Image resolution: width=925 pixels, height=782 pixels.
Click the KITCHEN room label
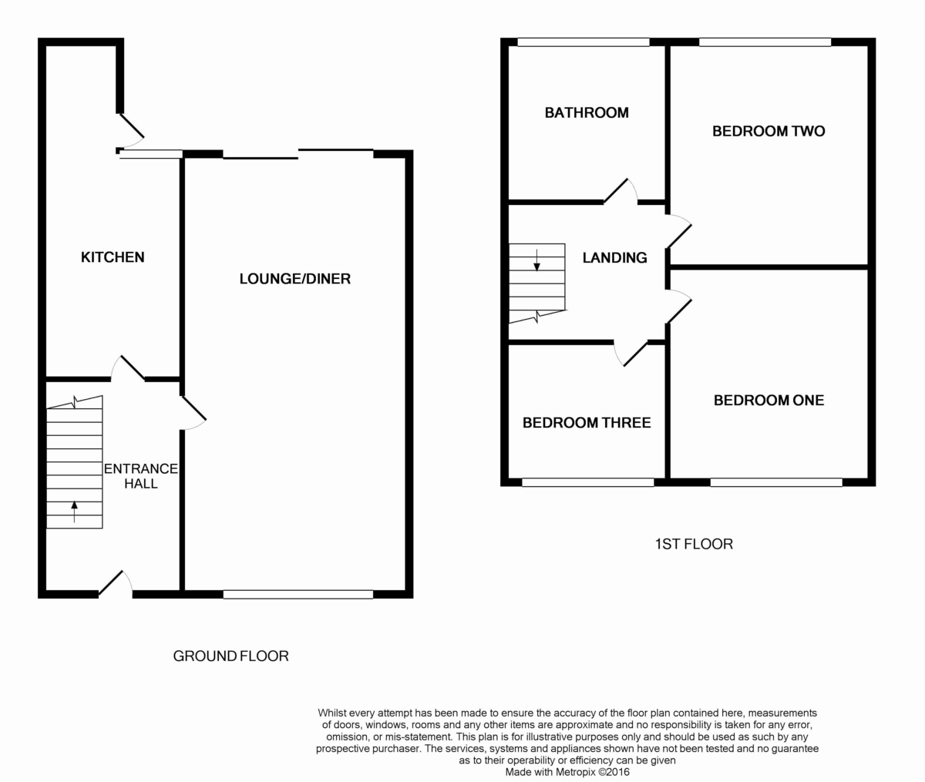tap(113, 257)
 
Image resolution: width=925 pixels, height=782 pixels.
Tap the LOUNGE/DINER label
tap(295, 279)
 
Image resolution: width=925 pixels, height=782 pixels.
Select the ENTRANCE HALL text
tap(141, 476)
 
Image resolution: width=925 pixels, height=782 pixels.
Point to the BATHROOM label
tap(587, 112)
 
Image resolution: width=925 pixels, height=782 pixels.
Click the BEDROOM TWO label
tap(769, 131)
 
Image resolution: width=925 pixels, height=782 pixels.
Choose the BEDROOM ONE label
tap(769, 400)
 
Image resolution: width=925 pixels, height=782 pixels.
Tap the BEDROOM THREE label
tap(587, 423)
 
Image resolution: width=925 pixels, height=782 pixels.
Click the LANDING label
tap(615, 257)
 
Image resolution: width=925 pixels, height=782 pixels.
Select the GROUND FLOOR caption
tap(231, 656)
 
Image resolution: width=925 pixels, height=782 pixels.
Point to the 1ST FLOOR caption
tap(694, 544)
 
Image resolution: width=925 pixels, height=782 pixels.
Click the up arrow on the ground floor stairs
tap(74, 512)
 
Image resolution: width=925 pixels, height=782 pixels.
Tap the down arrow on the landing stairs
tap(536, 260)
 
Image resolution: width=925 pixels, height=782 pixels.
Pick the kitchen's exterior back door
tap(131, 131)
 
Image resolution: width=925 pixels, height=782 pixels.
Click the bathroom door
tap(621, 192)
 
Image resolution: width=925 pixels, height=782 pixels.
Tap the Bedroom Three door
tap(631, 354)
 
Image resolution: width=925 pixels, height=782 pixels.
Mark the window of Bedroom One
tap(776, 482)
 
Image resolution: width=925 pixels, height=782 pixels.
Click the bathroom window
tap(584, 42)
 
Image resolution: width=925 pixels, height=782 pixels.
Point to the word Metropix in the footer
tap(575, 772)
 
